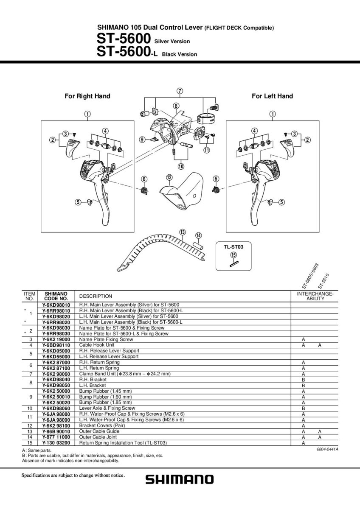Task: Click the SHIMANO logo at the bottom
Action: [180, 479]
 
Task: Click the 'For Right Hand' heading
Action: [87, 96]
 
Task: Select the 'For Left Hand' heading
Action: [272, 96]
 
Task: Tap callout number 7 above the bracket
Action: [180, 91]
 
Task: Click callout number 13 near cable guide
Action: [182, 232]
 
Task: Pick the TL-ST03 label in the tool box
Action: [233, 246]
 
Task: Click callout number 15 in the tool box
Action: [233, 255]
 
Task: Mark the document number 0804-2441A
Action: [327, 449]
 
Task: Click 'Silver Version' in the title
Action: [172, 41]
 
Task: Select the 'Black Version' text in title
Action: [180, 54]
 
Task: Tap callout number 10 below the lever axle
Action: [181, 166]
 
